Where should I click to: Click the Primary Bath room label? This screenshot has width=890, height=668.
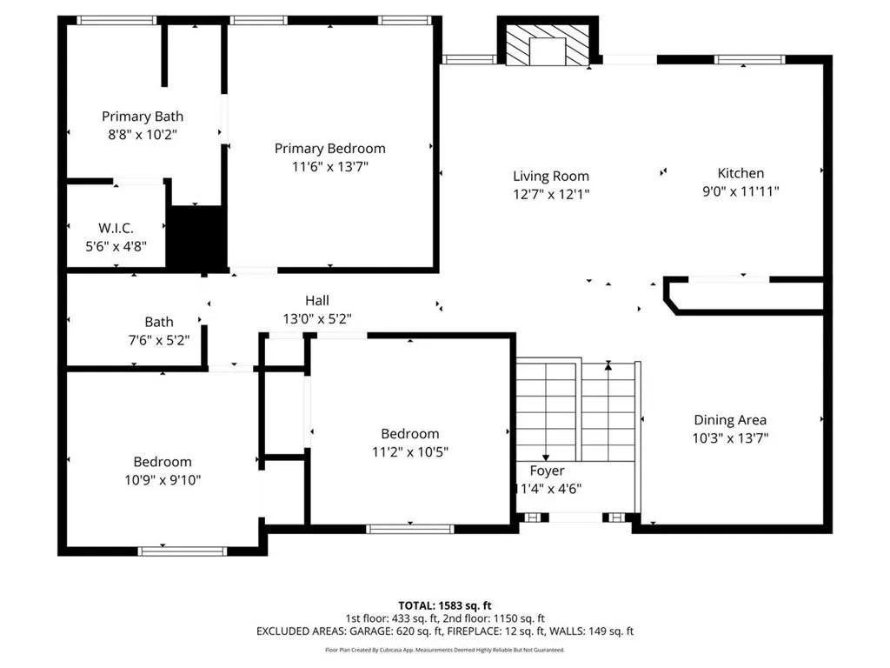click(x=143, y=117)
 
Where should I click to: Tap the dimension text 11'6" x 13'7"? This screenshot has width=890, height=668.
click(x=329, y=166)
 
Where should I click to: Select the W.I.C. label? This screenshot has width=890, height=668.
click(x=116, y=229)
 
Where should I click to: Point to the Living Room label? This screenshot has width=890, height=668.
click(x=550, y=176)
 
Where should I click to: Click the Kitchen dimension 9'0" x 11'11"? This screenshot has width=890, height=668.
click(x=741, y=191)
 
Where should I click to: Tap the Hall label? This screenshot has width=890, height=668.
click(x=316, y=300)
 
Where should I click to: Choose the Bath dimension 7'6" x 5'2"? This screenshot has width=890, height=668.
click(x=159, y=340)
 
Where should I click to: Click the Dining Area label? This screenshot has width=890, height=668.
click(x=730, y=420)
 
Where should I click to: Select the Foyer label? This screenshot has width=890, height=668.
click(x=547, y=471)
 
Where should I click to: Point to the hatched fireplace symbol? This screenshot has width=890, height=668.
click(x=548, y=45)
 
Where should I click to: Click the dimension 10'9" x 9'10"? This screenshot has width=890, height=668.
click(x=163, y=480)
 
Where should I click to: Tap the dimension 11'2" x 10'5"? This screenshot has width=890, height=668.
click(x=410, y=452)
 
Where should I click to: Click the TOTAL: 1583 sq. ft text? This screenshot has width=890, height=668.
click(x=444, y=605)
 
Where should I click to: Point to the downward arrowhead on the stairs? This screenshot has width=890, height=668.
click(x=546, y=458)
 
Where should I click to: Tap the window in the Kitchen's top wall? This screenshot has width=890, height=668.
click(x=749, y=60)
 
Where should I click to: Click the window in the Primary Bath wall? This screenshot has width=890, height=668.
click(x=116, y=21)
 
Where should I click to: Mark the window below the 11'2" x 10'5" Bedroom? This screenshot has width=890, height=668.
click(x=410, y=529)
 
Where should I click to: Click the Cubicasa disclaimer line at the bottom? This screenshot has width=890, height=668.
click(x=444, y=650)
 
